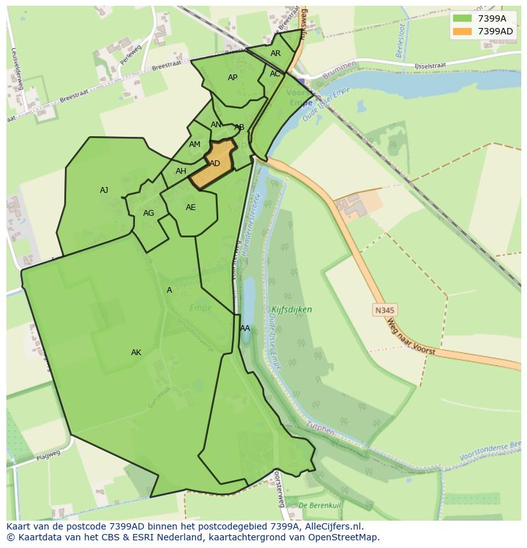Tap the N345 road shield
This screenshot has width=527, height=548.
tap(384, 310)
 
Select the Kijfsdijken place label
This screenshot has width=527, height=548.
tap(292, 310)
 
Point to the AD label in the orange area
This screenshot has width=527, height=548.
tap(214, 164)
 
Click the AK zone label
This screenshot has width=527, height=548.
tap(136, 353)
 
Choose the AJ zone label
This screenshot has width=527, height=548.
tap(104, 190)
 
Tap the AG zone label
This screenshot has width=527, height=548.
tap(148, 213)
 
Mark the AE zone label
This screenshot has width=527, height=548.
tap(190, 207)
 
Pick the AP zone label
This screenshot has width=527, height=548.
tap(232, 78)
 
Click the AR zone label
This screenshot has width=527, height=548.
tap(276, 53)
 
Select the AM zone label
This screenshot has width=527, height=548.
tap(195, 144)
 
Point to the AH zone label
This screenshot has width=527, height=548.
tap(181, 171)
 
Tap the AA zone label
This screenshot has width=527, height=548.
tap(245, 328)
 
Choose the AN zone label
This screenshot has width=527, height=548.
tap(216, 125)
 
